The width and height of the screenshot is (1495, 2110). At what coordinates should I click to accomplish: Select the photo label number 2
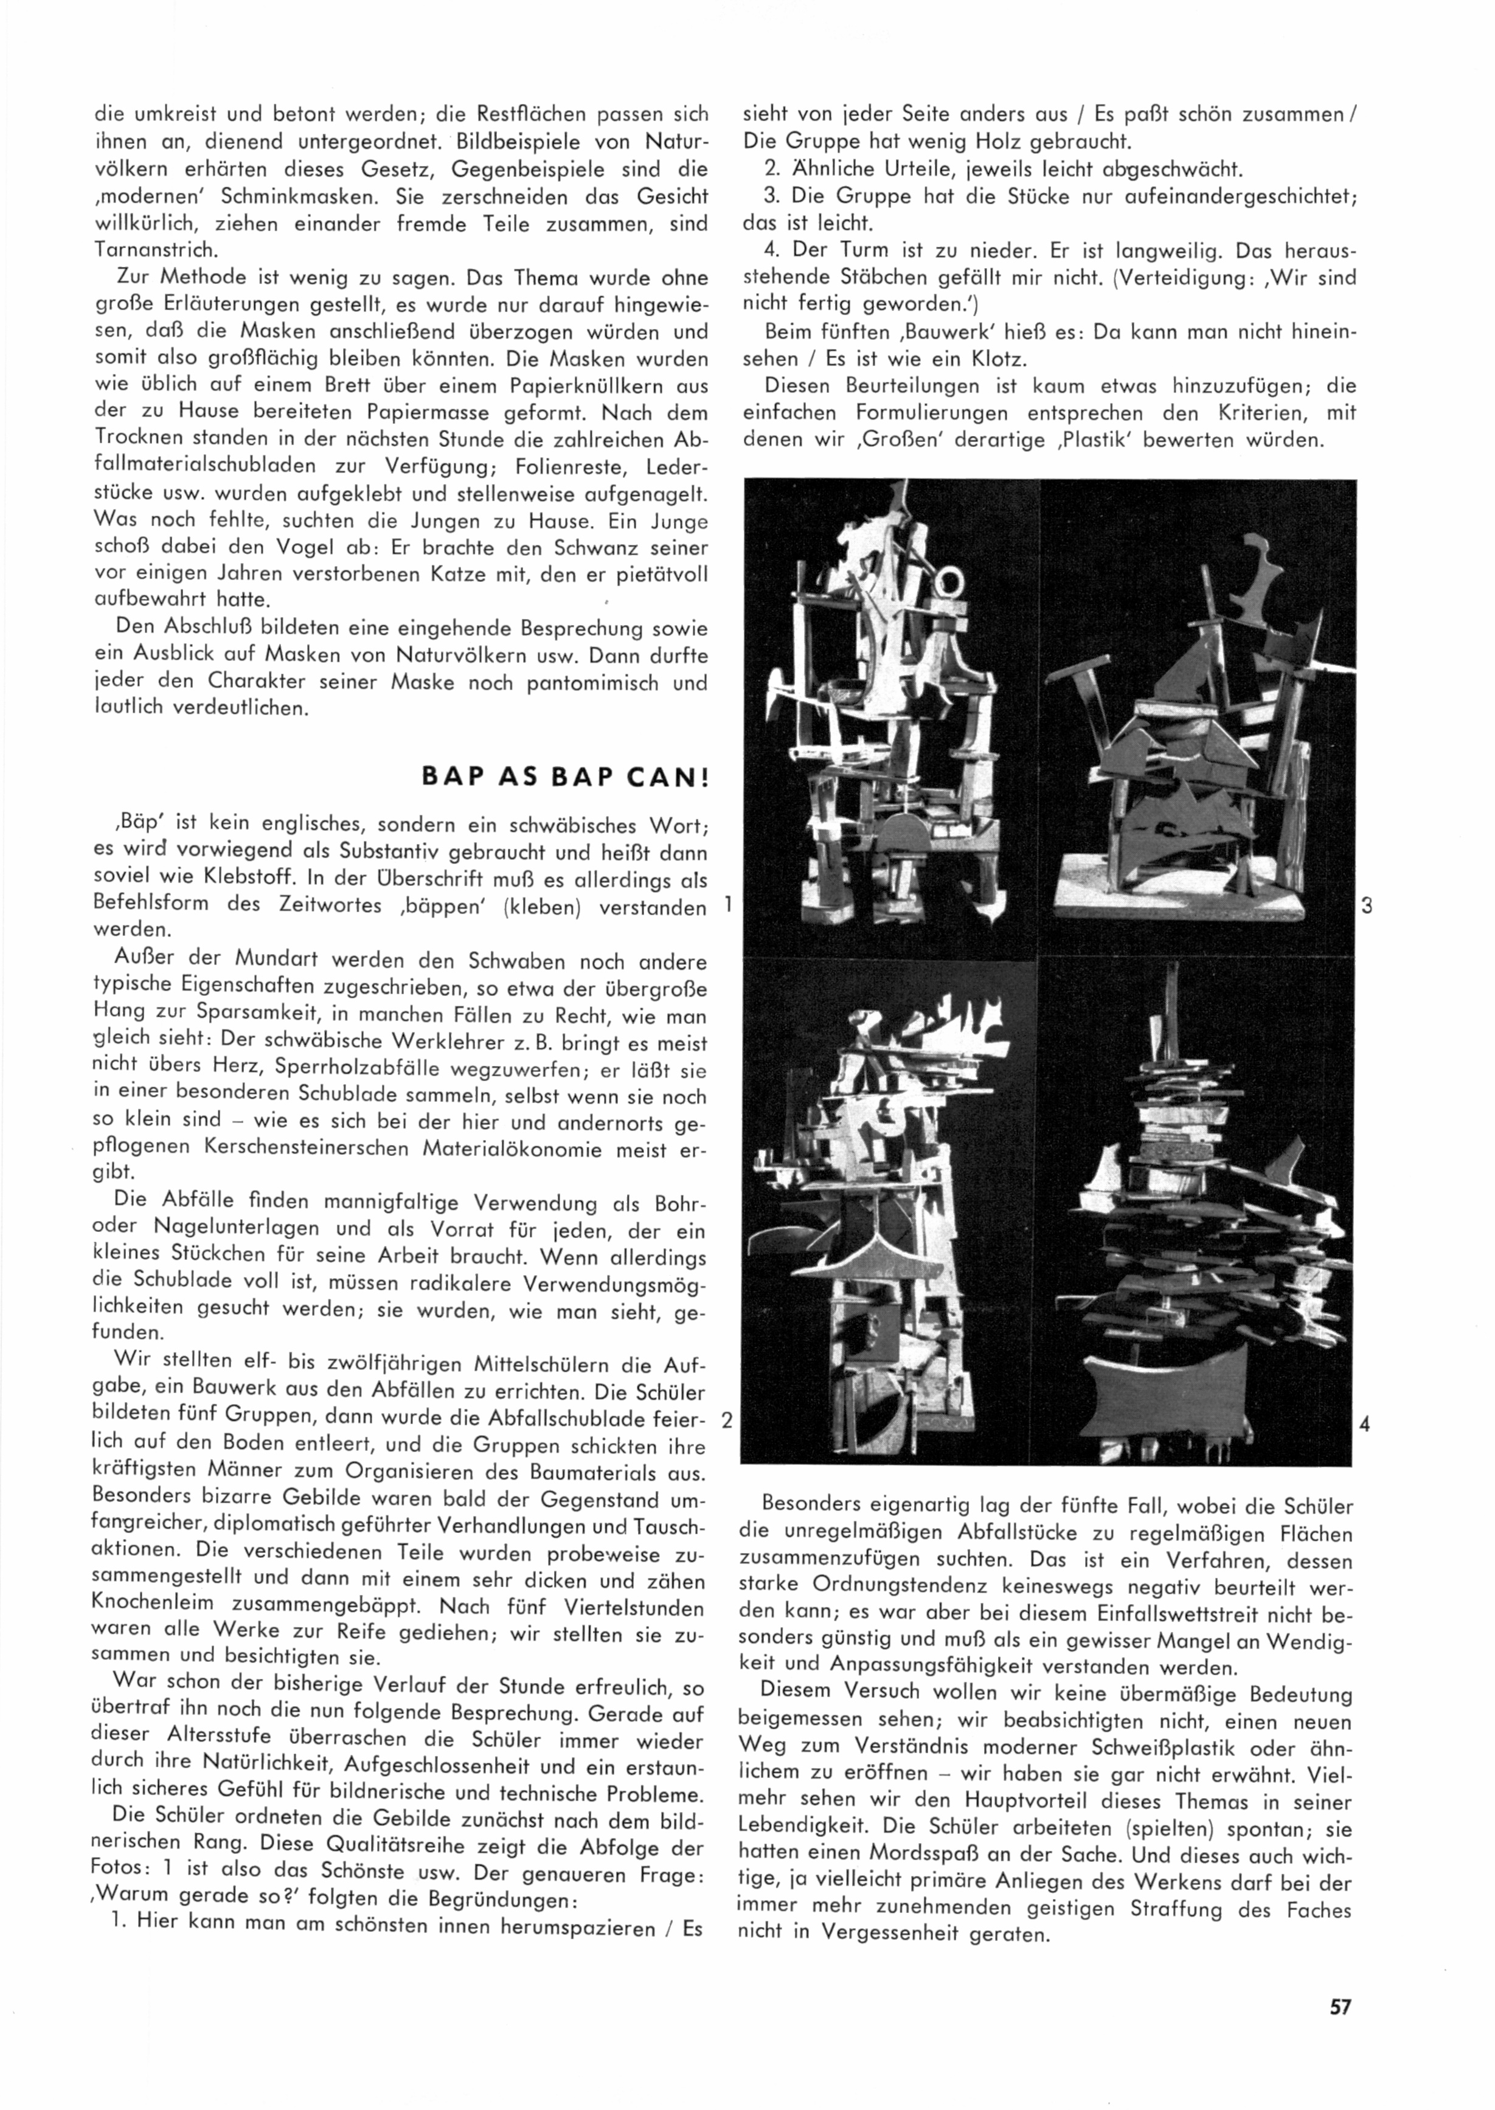coord(726,1420)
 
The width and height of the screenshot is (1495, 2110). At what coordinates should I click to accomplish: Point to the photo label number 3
coord(1367,905)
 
